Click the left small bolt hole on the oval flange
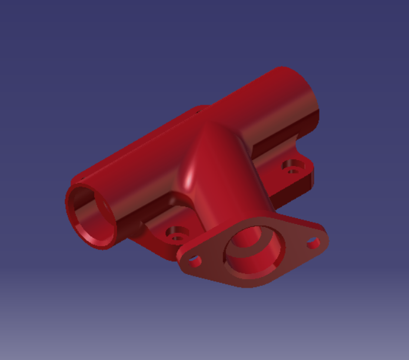click(x=195, y=259)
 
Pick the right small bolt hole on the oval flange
click(x=312, y=242)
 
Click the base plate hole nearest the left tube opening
click(x=175, y=236)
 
